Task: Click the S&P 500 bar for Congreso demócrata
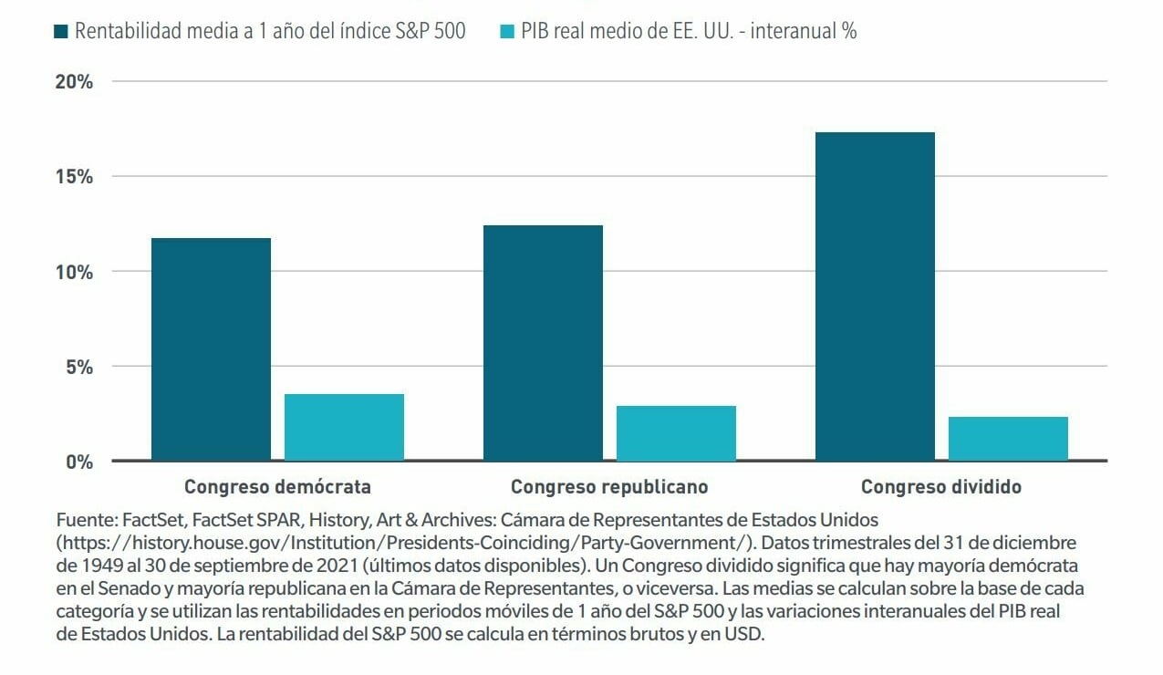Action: coord(211,349)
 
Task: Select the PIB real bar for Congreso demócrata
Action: coord(344,427)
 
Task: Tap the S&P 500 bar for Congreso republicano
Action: coord(543,343)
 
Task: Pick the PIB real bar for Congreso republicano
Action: coord(676,433)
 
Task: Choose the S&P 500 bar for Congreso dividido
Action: coord(875,296)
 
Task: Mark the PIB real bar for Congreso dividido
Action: coord(1008,439)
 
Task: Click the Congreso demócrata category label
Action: coord(277,486)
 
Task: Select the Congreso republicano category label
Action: coord(609,486)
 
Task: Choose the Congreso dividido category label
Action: coord(941,486)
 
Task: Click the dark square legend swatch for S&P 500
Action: coord(61,32)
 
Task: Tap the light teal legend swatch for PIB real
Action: coord(508,32)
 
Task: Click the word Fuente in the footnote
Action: coord(85,520)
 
